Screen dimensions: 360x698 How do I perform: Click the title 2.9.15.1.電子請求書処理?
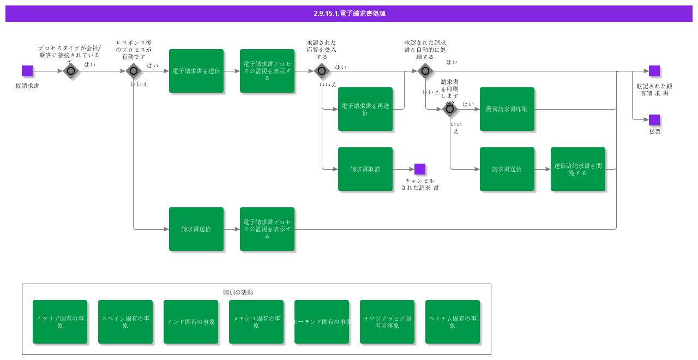pyautogui.click(x=349, y=14)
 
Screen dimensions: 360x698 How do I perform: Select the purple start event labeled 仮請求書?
pyautogui.click(x=27, y=71)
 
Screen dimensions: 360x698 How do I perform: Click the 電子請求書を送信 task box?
pyautogui.click(x=196, y=71)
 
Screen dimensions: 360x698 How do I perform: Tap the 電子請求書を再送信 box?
pyautogui.click(x=365, y=109)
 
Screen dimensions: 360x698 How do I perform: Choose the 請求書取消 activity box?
pyautogui.click(x=365, y=169)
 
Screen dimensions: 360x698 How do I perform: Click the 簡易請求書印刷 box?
pyautogui.click(x=507, y=109)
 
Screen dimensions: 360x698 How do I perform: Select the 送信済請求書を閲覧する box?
pyautogui.click(x=578, y=169)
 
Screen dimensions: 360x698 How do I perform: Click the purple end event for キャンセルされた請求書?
pyautogui.click(x=420, y=169)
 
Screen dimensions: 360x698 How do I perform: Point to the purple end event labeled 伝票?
pyautogui.click(x=654, y=120)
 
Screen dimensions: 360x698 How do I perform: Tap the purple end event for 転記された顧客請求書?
pyautogui.click(x=654, y=71)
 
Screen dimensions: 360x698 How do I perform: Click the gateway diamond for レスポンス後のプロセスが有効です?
pyautogui.click(x=134, y=71)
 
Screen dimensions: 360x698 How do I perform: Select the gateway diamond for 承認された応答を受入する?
pyautogui.click(x=322, y=71)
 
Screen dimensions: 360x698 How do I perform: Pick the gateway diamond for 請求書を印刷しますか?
pyautogui.click(x=450, y=110)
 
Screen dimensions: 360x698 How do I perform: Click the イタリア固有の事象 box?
pyautogui.click(x=60, y=322)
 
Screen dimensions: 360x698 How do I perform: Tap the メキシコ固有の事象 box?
pyautogui.click(x=256, y=322)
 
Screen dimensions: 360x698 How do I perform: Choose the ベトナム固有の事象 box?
pyautogui.click(x=453, y=322)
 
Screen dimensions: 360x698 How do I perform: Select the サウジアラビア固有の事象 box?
pyautogui.click(x=387, y=322)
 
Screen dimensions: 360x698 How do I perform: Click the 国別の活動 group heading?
pyautogui.click(x=238, y=292)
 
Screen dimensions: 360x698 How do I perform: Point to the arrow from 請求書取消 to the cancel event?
pyautogui.click(x=404, y=169)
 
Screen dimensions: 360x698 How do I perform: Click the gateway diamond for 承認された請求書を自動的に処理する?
pyautogui.click(x=425, y=71)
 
